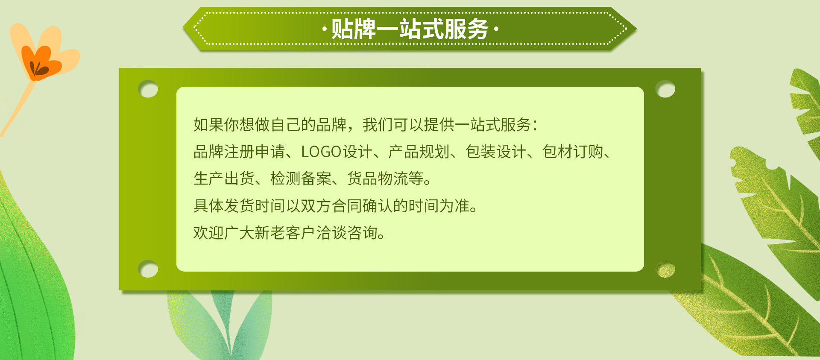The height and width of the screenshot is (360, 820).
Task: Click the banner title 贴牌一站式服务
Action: pos(410,29)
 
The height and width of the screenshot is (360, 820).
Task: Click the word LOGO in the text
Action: pos(321,152)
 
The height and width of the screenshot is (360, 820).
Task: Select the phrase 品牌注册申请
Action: pos(239,152)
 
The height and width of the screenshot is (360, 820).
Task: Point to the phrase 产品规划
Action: pos(419,152)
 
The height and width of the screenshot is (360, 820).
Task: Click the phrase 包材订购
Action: pos(573,152)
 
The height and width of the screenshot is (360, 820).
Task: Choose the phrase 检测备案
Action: pos(301,179)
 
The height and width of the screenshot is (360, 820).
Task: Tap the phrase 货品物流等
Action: pos(385,179)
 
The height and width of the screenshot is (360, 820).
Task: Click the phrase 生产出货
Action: pos(224,179)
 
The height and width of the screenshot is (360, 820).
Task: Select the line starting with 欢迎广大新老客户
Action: pos(289,233)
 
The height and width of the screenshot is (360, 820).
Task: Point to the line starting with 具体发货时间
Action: pos(335,206)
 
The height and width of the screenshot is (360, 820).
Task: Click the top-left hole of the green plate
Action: pos(148,89)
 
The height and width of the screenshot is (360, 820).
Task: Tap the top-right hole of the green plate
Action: pos(665,89)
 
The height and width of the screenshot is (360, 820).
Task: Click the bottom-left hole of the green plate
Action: pos(148,269)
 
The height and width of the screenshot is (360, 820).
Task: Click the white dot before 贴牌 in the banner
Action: pos(325,29)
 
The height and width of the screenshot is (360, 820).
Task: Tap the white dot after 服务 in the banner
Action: pos(496,29)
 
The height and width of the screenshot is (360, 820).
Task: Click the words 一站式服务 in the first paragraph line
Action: pos(493,125)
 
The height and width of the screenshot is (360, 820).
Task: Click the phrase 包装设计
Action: pos(496,152)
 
